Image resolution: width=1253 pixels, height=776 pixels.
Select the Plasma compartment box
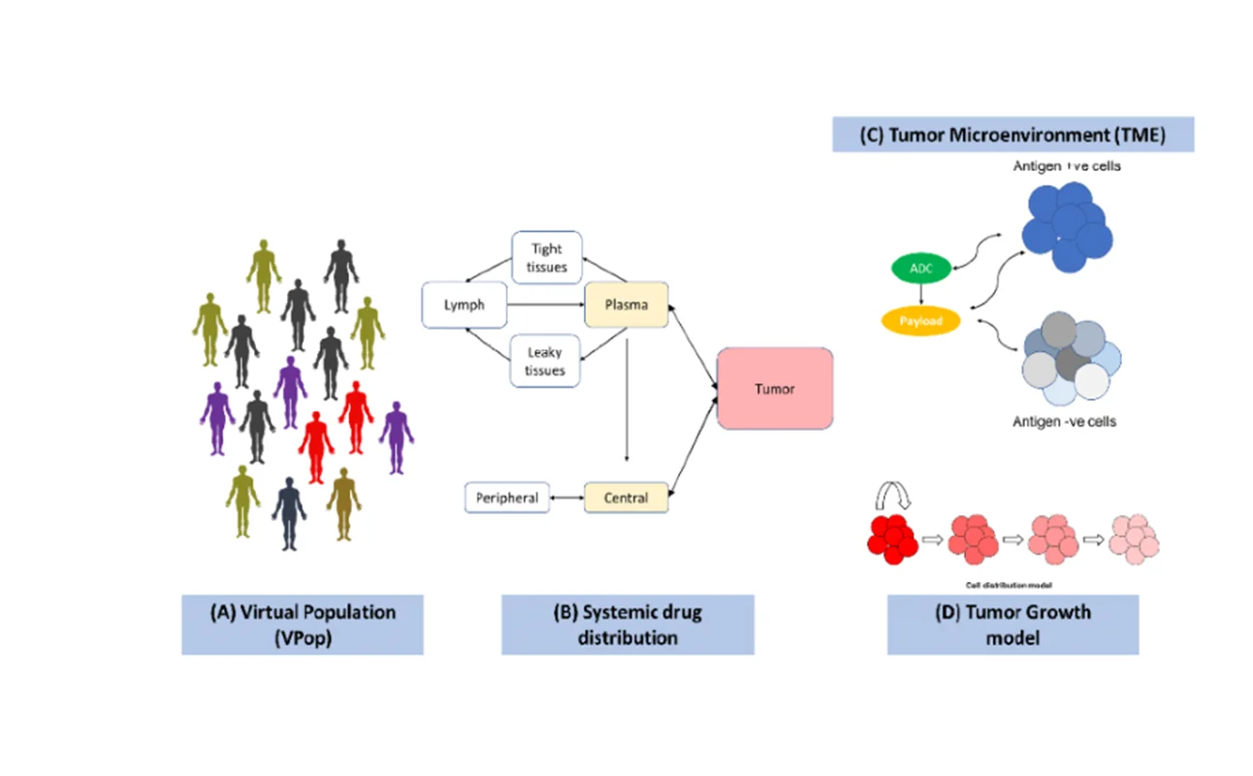(626, 306)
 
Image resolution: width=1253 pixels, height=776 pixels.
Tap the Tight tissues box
(546, 258)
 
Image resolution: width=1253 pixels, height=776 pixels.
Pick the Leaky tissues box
(545, 361)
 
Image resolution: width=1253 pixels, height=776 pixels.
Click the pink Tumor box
(775, 389)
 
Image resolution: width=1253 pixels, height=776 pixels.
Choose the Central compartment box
(626, 498)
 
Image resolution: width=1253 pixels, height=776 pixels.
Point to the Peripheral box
(507, 498)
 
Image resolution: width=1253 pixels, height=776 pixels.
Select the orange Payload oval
(921, 320)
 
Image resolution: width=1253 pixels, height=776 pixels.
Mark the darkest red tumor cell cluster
(894, 539)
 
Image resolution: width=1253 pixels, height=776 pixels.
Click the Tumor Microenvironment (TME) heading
(1012, 134)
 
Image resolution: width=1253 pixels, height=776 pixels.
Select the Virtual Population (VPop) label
(303, 625)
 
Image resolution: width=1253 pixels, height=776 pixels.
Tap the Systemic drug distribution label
(627, 625)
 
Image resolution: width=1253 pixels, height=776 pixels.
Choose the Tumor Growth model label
(1012, 625)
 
